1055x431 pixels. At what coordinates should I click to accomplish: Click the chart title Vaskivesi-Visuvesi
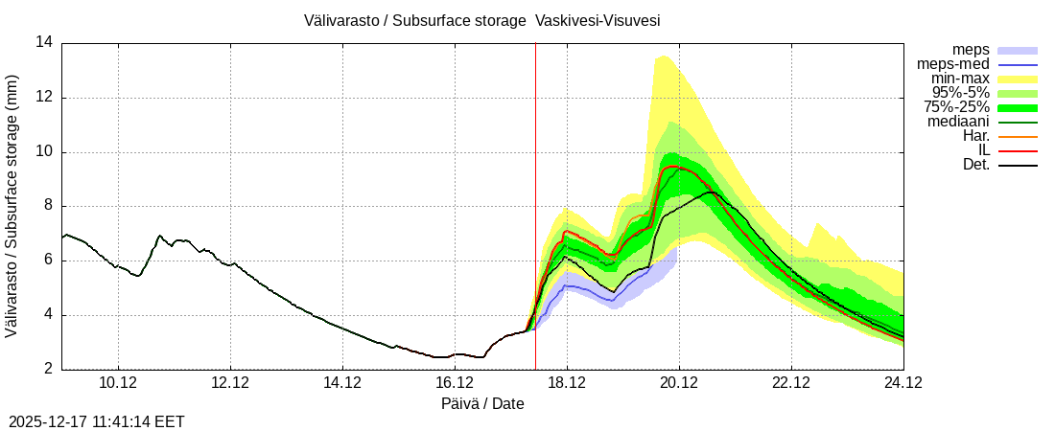(482, 20)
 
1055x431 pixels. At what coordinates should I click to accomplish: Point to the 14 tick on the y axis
(45, 43)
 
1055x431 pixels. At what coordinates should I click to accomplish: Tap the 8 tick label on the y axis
(49, 207)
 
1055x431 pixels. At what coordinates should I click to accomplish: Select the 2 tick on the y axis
(49, 370)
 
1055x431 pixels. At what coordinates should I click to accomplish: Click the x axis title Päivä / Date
(482, 403)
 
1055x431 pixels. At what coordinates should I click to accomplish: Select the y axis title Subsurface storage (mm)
(12, 206)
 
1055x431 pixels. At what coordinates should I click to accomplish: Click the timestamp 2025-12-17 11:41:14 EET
(97, 421)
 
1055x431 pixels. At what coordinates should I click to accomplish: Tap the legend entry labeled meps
(971, 50)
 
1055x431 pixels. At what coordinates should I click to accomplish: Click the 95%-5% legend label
(960, 93)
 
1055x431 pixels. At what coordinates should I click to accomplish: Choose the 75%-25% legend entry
(956, 107)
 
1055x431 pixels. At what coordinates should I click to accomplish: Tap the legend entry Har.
(974, 136)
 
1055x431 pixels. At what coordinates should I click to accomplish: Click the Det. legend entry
(974, 165)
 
